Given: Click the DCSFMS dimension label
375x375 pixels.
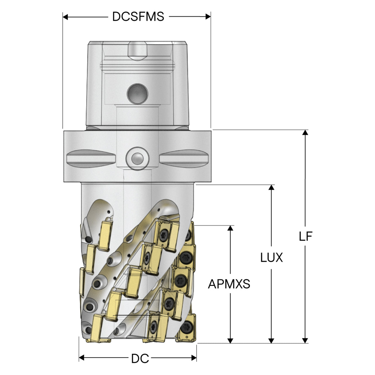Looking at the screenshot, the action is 138,16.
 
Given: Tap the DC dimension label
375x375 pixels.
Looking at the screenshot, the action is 140,359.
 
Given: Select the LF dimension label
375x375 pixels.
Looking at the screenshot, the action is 306,236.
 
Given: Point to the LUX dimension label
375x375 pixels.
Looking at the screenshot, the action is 272,258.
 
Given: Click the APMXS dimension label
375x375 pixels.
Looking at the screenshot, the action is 229,284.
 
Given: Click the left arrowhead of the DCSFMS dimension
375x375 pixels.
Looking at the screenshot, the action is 65,17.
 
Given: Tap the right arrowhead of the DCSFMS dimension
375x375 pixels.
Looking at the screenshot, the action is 208,17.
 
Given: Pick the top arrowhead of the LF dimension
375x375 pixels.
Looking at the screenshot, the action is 305,132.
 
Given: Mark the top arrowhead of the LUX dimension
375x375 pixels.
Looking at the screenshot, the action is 271,187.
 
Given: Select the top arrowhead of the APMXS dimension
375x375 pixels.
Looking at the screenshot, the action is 230,228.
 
